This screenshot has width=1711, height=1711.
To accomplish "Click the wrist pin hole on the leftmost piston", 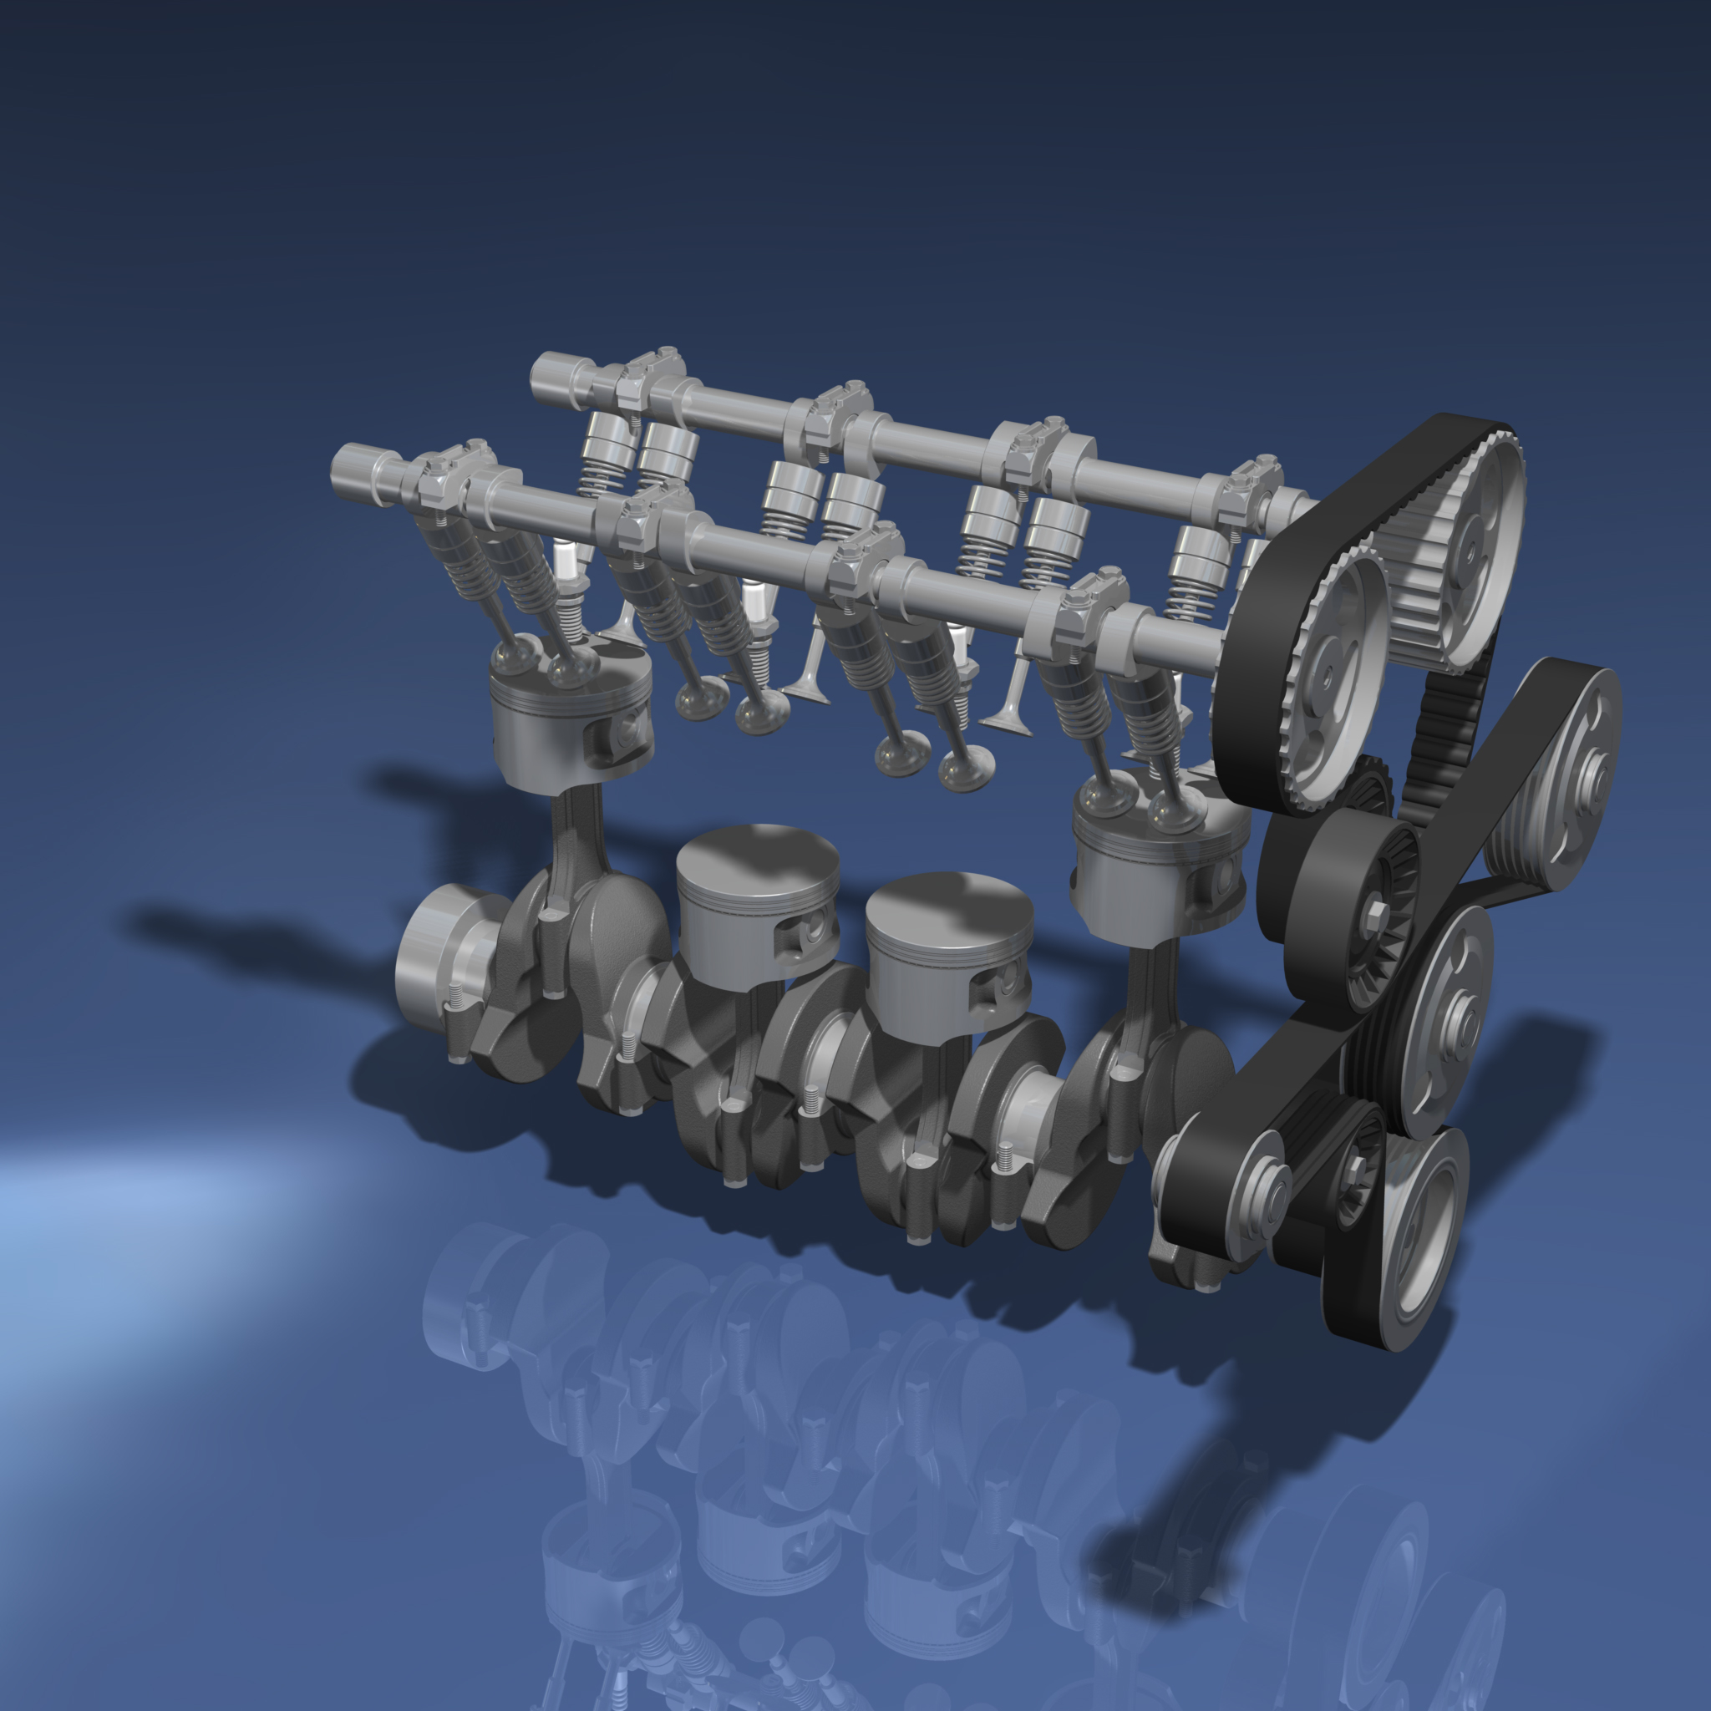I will (629, 726).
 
